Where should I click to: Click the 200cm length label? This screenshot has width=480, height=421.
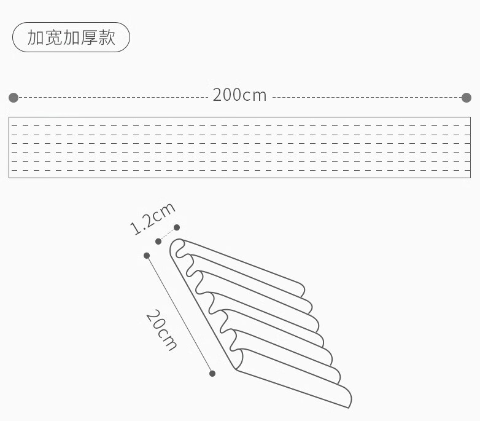pos(239,95)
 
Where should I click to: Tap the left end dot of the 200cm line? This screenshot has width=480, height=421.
pos(14,98)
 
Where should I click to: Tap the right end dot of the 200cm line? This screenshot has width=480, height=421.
pos(466,98)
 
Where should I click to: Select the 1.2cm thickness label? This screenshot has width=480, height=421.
pos(152,218)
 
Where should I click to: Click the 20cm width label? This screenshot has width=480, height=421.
pos(161,330)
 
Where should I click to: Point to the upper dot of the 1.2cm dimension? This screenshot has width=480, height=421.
pos(177,227)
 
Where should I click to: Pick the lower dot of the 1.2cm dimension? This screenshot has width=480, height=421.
pos(158,242)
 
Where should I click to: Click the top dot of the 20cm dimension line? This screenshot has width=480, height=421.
pos(147,256)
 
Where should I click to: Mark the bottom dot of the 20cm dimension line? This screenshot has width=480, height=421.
pos(212,374)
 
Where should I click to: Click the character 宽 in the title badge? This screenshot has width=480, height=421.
pos(53,37)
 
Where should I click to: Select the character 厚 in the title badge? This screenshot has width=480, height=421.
pos(89,37)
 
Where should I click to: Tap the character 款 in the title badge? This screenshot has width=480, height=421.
pos(107,37)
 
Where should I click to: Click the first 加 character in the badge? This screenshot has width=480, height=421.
pos(36,37)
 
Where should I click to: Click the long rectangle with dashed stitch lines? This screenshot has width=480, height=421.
pos(240,117)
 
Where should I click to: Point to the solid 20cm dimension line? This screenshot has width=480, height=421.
pos(179,315)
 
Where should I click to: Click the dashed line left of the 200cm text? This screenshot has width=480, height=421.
pos(114,98)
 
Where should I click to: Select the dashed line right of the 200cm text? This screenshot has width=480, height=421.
pos(366,98)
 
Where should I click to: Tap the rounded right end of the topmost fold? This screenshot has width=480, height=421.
pos(304,288)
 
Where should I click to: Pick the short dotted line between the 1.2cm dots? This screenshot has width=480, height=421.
pos(168,234)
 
